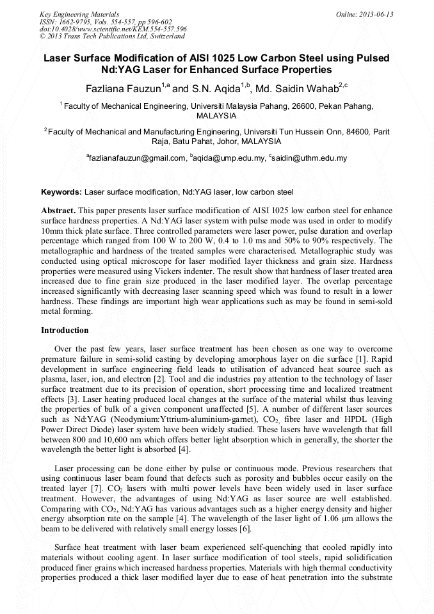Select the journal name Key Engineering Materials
(79, 14)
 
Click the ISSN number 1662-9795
(79, 21)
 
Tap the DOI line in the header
(113, 29)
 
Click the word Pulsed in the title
(369, 58)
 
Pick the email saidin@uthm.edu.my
(309, 158)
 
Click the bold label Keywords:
(61, 192)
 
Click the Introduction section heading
(65, 330)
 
